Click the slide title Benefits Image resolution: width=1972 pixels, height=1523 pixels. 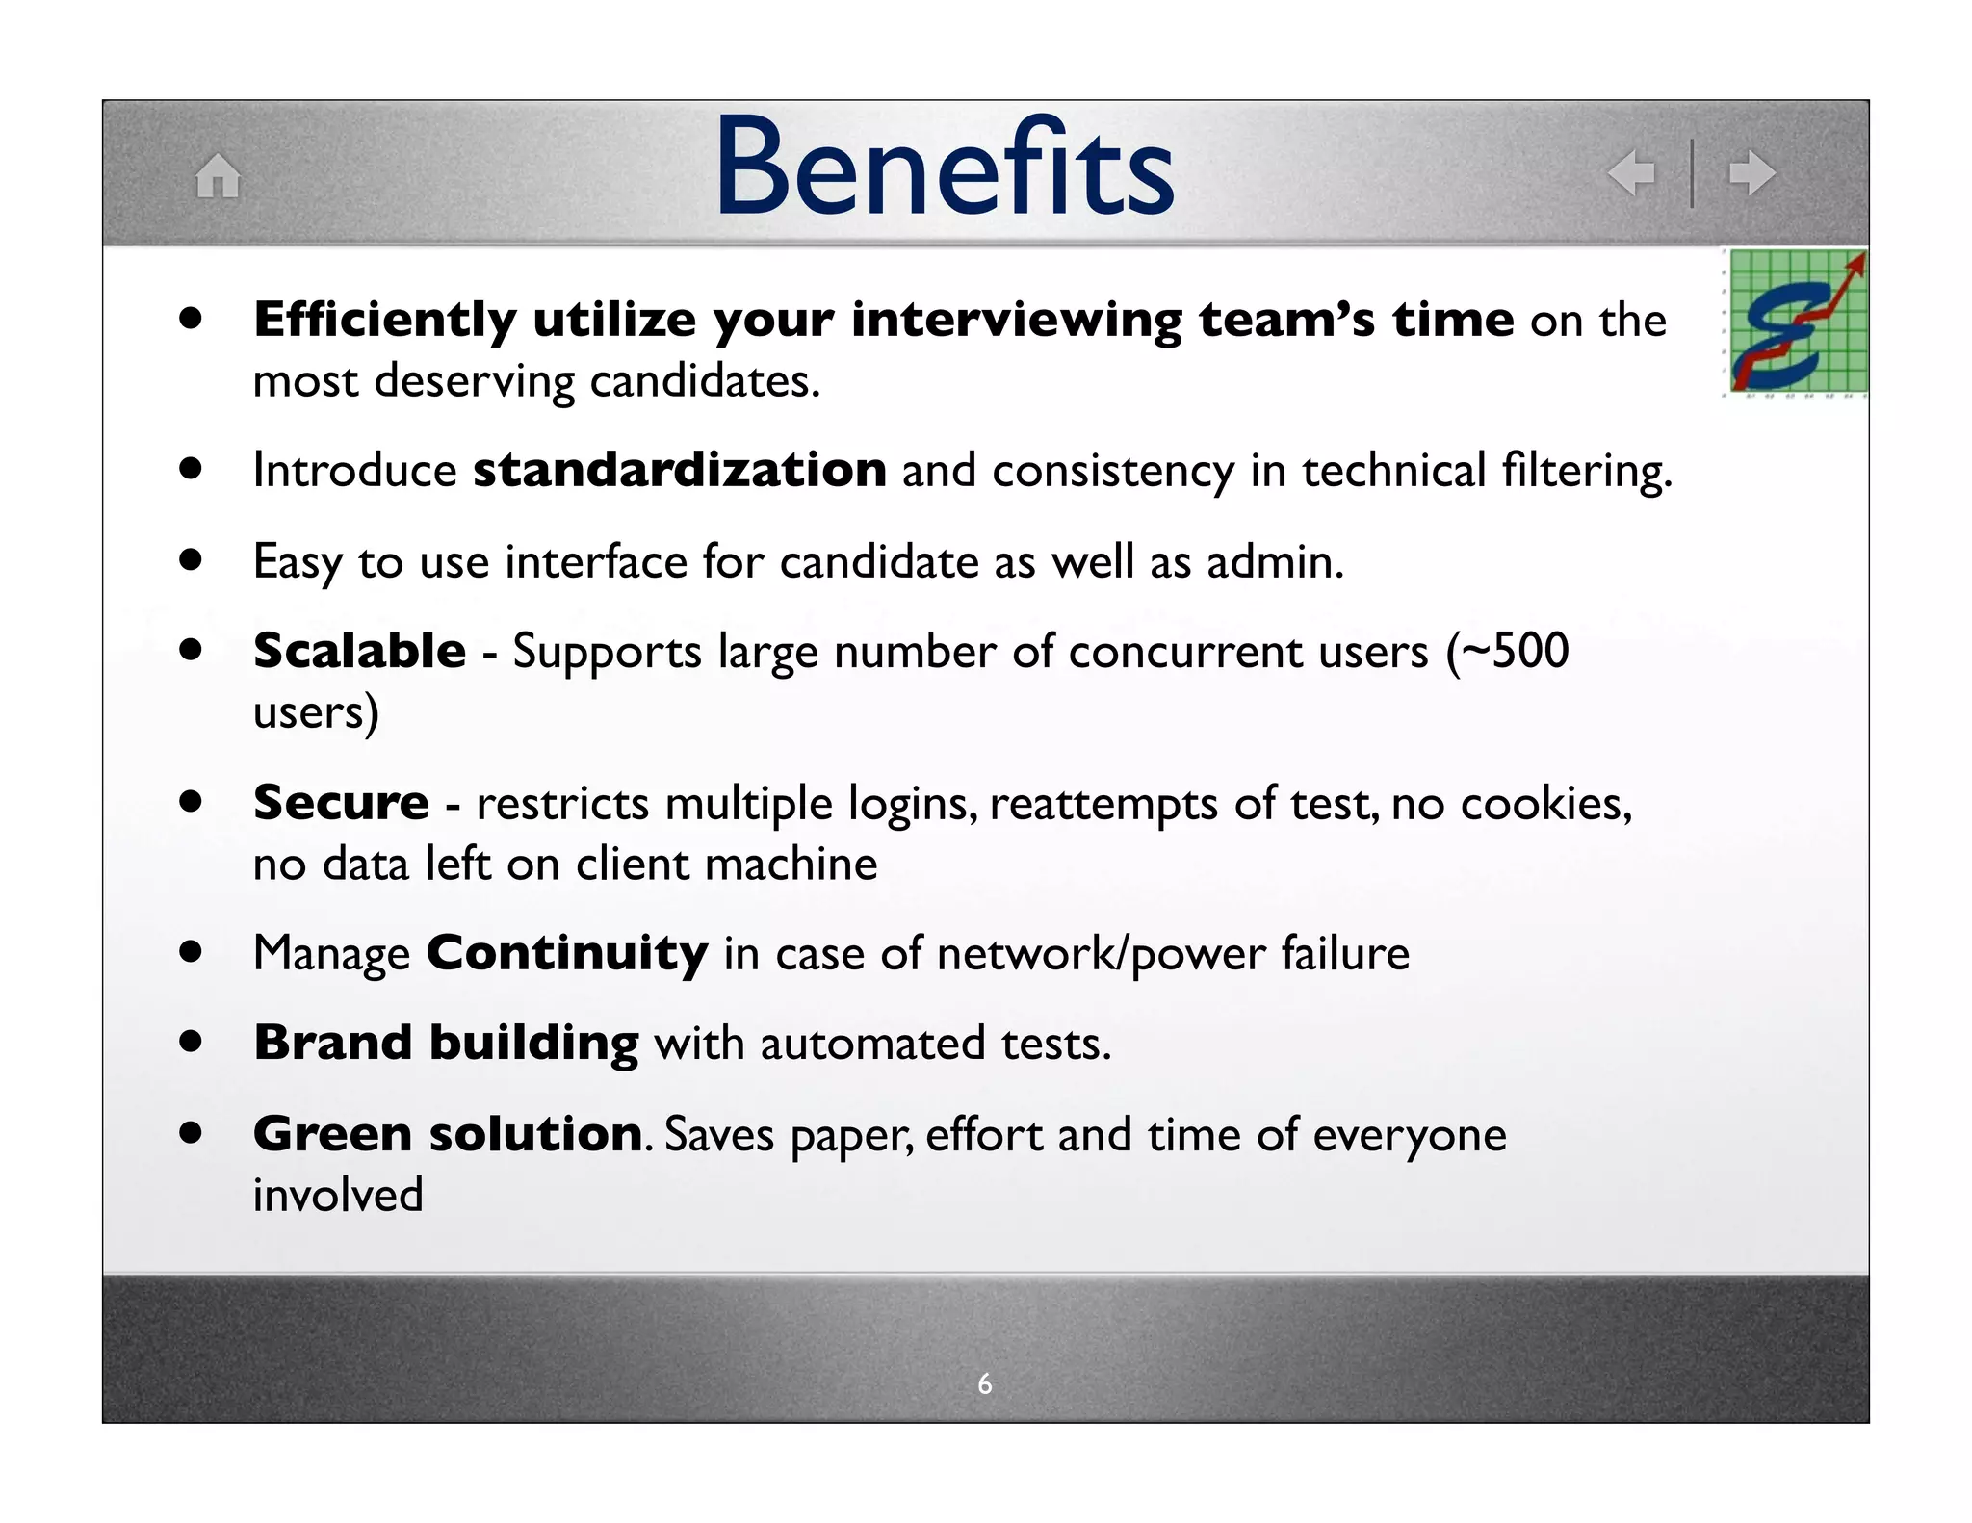coord(944,168)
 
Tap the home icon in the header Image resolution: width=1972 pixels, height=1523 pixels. coord(218,176)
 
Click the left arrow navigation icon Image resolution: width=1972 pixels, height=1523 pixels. coord(1631,173)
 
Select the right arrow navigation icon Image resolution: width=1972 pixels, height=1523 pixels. coord(1751,173)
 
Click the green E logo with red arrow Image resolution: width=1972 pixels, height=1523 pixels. coord(1797,322)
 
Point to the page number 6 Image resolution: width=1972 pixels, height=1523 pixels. coord(984,1383)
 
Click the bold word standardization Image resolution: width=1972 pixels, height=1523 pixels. coord(679,470)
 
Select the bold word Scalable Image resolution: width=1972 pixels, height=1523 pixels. coord(359,651)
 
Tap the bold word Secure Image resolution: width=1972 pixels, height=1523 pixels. coord(341,802)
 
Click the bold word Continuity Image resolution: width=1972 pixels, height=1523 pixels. coord(567,953)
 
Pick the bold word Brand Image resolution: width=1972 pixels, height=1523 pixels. coord(332,1043)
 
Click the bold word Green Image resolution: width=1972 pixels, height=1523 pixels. coord(332,1133)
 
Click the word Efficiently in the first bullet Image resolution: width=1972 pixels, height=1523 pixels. coord(385,320)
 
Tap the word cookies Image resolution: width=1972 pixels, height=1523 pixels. coord(1545,803)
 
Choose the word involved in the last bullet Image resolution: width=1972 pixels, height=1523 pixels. coord(338,1195)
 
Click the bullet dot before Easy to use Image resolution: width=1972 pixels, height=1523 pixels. coord(191,560)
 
